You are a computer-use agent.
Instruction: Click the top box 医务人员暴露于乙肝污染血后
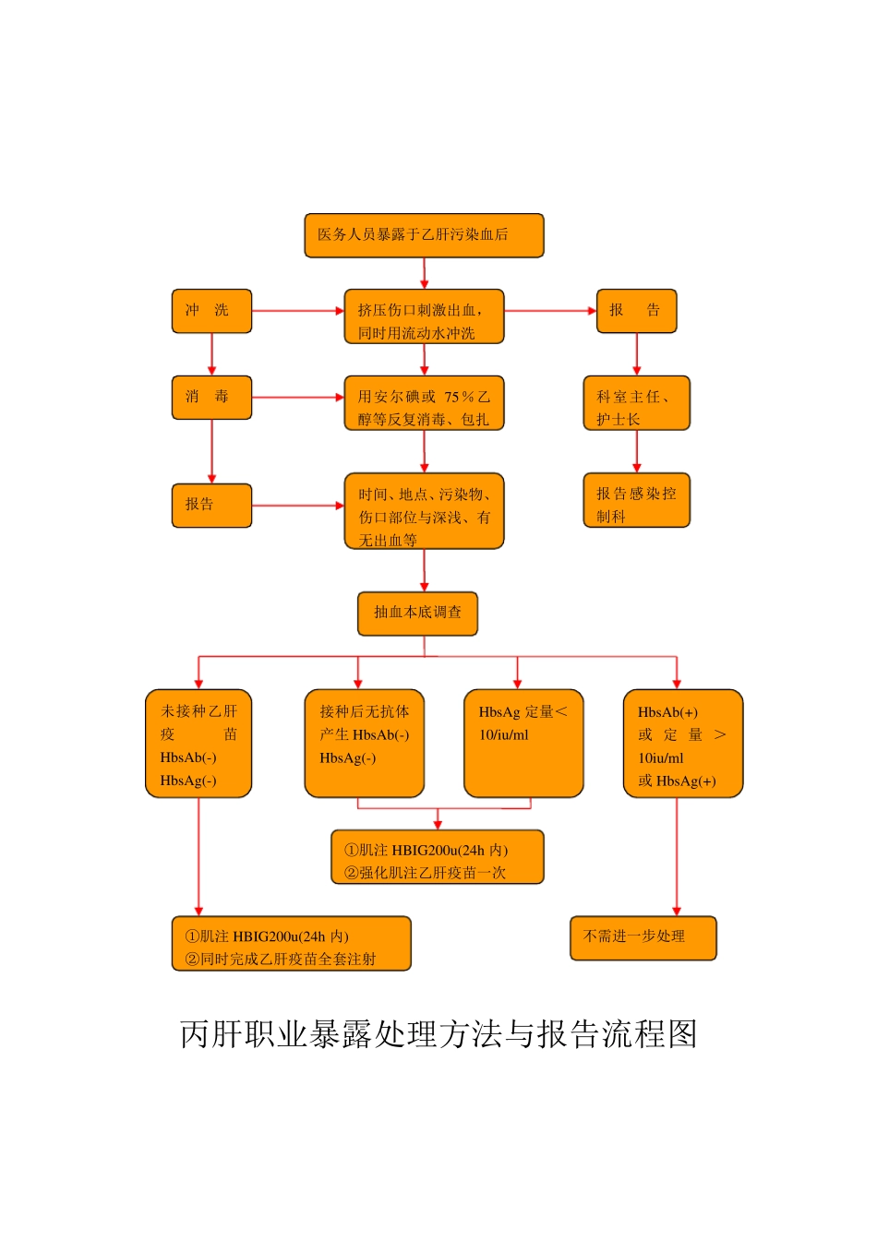pyautogui.click(x=424, y=235)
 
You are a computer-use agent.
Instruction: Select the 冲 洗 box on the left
pyautogui.click(x=211, y=311)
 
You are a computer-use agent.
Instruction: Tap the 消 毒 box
pyautogui.click(x=211, y=398)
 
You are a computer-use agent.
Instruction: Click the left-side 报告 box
pyautogui.click(x=211, y=505)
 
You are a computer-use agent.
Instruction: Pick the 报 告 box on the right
pyautogui.click(x=636, y=311)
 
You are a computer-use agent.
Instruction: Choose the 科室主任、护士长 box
pyautogui.click(x=636, y=403)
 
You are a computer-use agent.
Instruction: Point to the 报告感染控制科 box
pyautogui.click(x=636, y=500)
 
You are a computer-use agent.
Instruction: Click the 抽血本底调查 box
pyautogui.click(x=417, y=614)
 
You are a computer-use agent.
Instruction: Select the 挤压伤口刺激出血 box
pyautogui.click(x=424, y=316)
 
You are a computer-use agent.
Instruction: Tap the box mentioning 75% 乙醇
pyautogui.click(x=424, y=403)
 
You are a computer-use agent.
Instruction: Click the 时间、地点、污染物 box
pyautogui.click(x=424, y=511)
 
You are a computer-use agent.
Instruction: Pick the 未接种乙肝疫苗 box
pyautogui.click(x=198, y=743)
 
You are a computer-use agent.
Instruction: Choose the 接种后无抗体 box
pyautogui.click(x=364, y=743)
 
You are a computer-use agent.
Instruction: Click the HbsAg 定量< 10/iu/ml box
pyautogui.click(x=523, y=743)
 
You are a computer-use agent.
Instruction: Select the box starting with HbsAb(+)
pyautogui.click(x=683, y=743)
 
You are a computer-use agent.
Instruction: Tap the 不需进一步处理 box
pyautogui.click(x=643, y=937)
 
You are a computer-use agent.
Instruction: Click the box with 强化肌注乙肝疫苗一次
pyautogui.click(x=438, y=857)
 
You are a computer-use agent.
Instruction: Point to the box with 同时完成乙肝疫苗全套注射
pyautogui.click(x=291, y=943)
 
